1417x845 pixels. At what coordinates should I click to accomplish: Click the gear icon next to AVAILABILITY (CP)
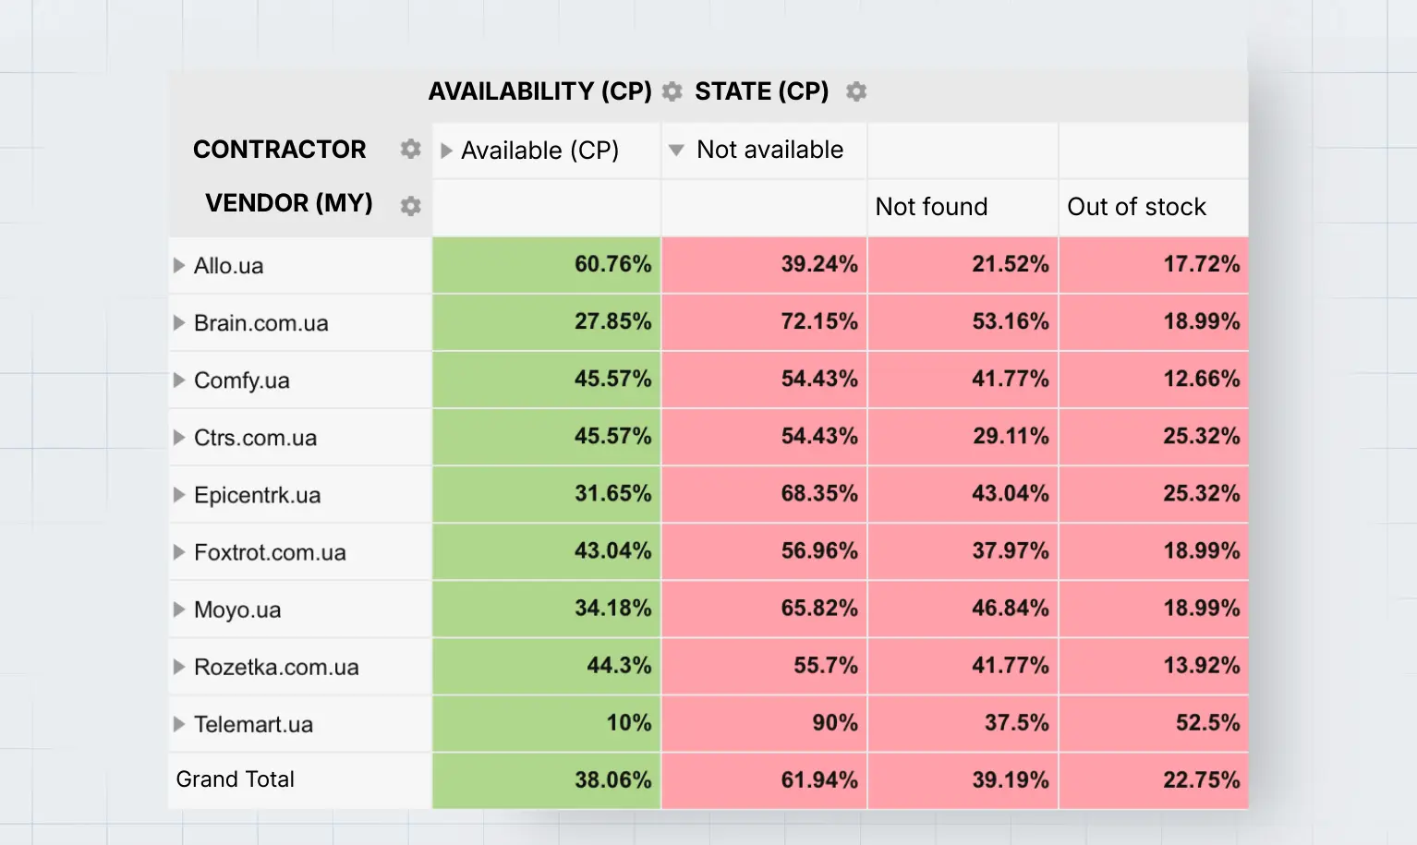[672, 91]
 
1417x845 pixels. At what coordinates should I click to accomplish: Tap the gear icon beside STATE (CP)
[856, 91]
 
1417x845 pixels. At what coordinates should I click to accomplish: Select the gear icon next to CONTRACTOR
[410, 149]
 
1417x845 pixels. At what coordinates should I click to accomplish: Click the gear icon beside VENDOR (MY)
[410, 206]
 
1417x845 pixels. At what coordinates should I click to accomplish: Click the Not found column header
[931, 207]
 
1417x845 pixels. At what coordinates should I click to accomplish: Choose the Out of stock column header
[1136, 207]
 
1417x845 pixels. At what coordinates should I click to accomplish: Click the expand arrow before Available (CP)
[446, 151]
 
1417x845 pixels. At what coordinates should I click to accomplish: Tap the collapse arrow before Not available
[676, 150]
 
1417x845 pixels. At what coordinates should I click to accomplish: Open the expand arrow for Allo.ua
[179, 266]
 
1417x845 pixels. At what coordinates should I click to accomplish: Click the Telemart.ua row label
[253, 724]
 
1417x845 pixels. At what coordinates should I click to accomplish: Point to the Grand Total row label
[235, 779]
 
